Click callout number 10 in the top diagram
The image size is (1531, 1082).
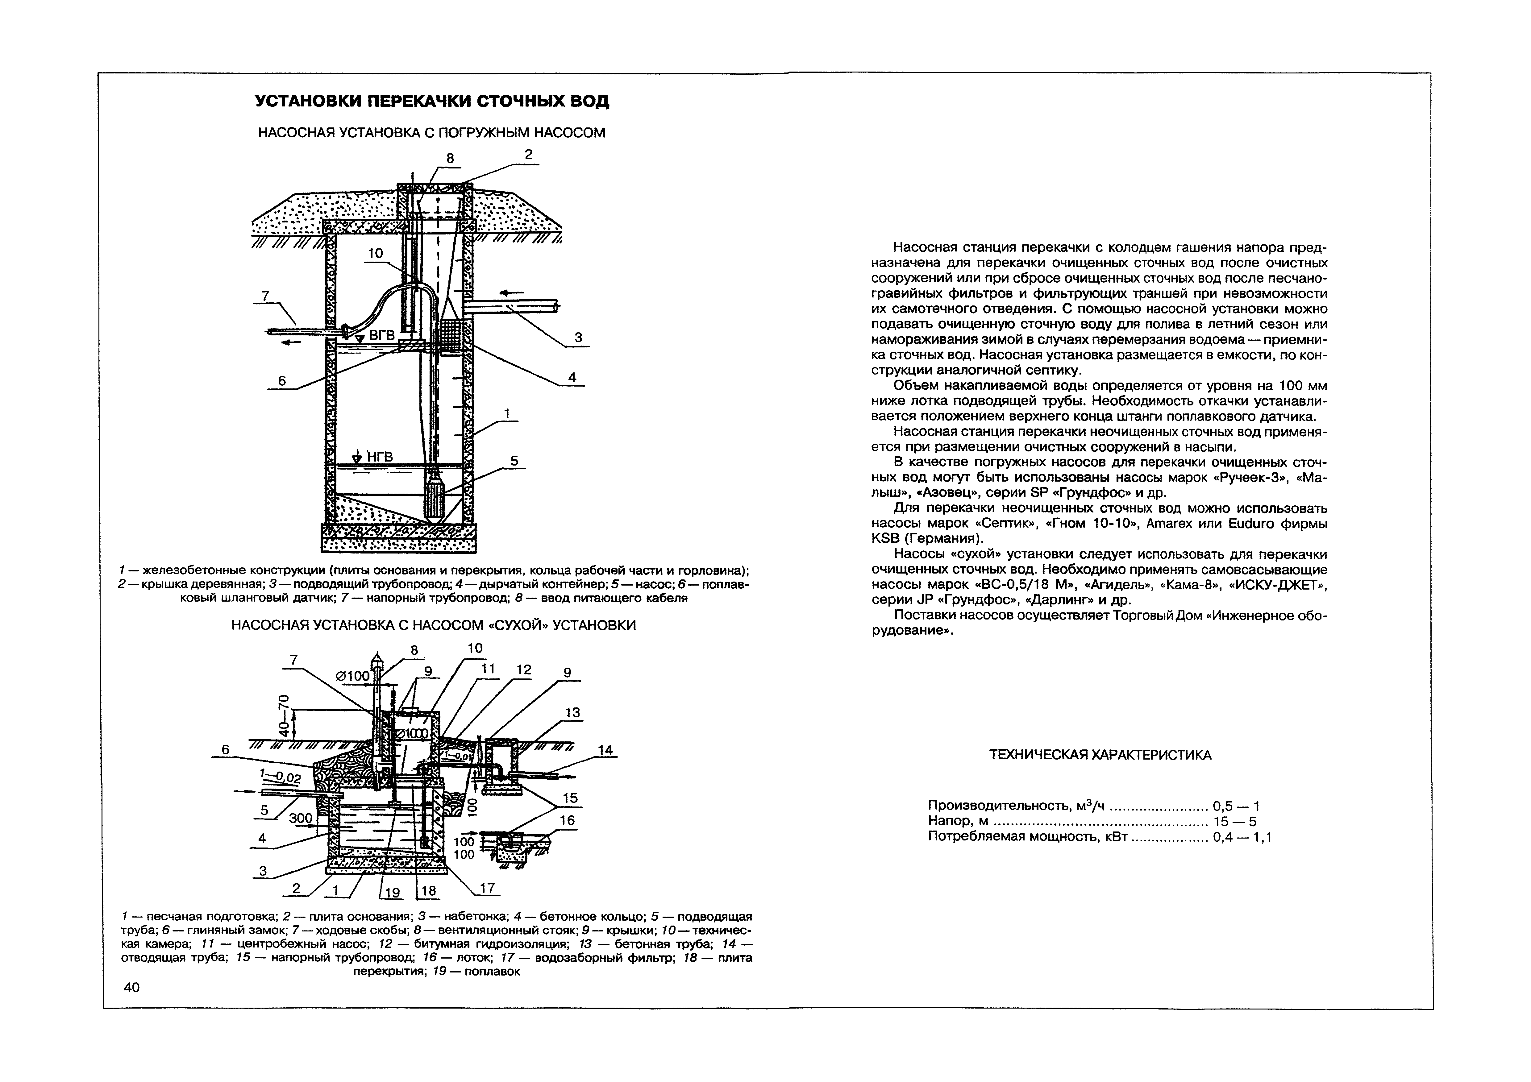[x=375, y=253]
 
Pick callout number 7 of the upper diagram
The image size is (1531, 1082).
[x=265, y=295]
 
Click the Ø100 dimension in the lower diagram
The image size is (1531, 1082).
[x=353, y=676]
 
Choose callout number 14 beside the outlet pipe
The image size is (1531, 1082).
[x=605, y=750]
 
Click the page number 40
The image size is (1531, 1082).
[x=132, y=987]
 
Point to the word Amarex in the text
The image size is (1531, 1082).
[x=1169, y=524]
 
